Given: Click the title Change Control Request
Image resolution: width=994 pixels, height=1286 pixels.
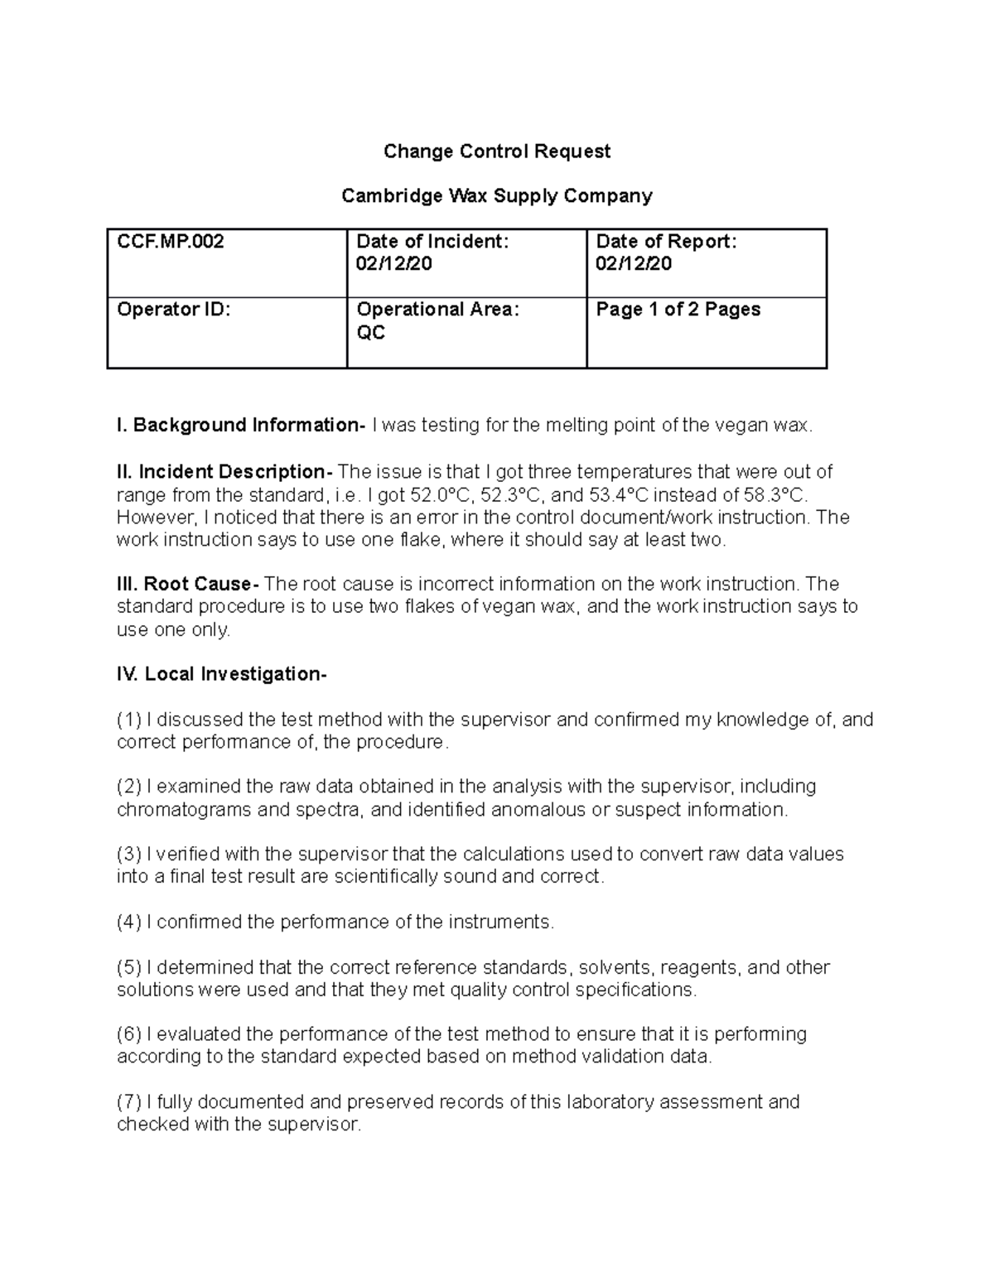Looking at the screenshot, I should pos(496,152).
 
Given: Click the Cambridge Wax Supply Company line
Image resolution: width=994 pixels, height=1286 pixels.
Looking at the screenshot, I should pos(496,196).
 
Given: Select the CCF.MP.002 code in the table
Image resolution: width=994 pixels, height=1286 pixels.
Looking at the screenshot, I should pos(170,242).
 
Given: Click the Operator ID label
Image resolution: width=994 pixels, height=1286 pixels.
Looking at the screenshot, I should pos(173,310).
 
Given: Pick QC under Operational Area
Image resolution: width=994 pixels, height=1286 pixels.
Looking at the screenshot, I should pos(370,333).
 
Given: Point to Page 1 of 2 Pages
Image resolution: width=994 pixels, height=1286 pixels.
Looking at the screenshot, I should pos(678,310).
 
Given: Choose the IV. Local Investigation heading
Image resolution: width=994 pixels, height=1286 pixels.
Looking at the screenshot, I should pos(222,674).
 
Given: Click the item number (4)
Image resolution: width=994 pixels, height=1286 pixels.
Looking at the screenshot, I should pos(129,922).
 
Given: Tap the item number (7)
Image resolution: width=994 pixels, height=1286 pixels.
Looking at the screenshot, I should pos(129,1102).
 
